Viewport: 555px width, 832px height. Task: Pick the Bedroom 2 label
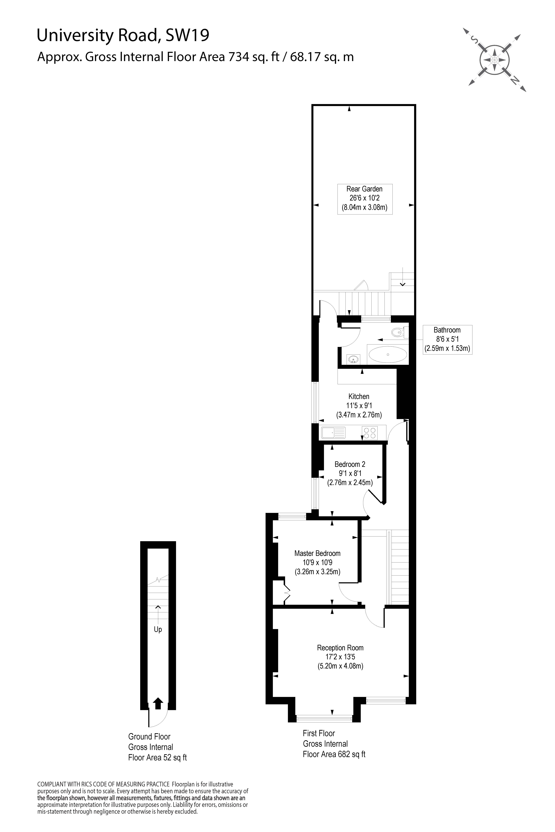pyautogui.click(x=350, y=464)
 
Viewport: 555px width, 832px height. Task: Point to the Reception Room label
pyautogui.click(x=340, y=648)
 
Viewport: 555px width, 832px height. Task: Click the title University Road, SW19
pyautogui.click(x=123, y=36)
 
